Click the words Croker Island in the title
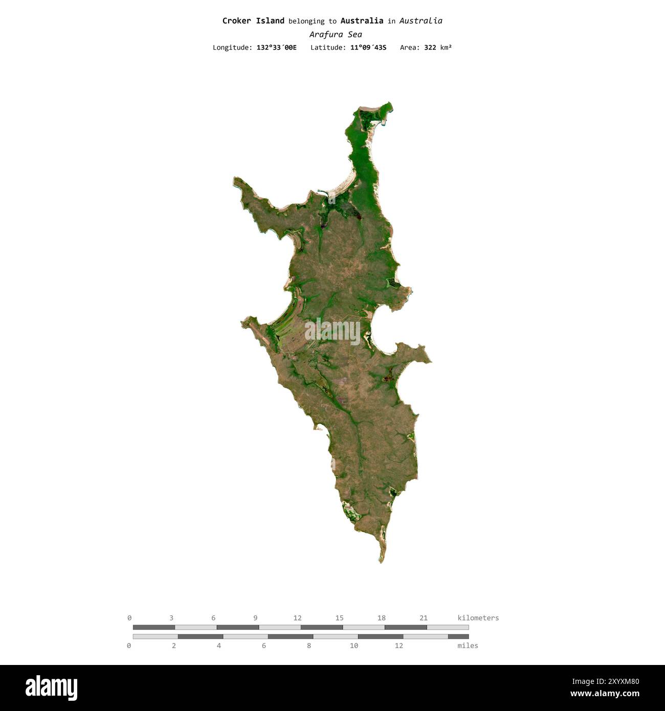click(x=253, y=21)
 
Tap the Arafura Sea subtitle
click(x=336, y=35)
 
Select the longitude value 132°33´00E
click(x=276, y=48)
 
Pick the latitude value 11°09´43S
click(x=368, y=48)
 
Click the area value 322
click(x=430, y=48)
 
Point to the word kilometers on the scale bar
click(x=478, y=618)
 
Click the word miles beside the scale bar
click(x=468, y=646)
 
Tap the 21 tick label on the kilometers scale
click(x=423, y=618)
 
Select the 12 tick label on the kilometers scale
click(x=297, y=618)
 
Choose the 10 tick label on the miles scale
click(x=353, y=646)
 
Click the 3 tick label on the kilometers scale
click(x=171, y=618)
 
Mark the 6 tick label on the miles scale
click(x=264, y=646)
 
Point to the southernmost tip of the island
click(x=382, y=562)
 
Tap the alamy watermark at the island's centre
click(x=332, y=331)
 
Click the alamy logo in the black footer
click(x=51, y=688)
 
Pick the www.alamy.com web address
click(x=605, y=694)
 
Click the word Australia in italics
click(x=420, y=21)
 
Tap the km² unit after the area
click(x=446, y=48)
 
